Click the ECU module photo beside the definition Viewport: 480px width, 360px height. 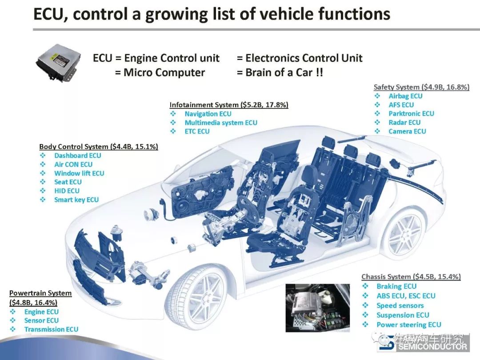click(x=59, y=62)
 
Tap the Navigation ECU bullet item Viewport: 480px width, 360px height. click(x=208, y=114)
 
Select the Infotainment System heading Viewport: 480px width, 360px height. click(x=229, y=105)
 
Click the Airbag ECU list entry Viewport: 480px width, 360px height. click(x=405, y=96)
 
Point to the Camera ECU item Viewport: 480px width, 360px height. click(x=407, y=131)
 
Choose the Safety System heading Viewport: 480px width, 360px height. click(x=421, y=87)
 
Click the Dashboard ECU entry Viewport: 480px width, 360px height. click(x=77, y=156)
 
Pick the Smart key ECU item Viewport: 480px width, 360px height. click(x=76, y=200)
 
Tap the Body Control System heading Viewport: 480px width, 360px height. click(x=99, y=147)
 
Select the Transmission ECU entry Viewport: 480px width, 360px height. click(x=51, y=329)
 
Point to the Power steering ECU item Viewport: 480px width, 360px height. click(x=409, y=325)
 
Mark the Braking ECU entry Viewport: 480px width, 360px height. click(x=396, y=287)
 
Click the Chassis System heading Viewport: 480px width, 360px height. click(x=411, y=277)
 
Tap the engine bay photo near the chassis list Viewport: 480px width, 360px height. click(x=317, y=308)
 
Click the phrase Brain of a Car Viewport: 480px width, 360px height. click(x=279, y=73)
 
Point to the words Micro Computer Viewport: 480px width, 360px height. click(x=164, y=73)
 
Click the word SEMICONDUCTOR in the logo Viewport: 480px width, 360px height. click(x=432, y=347)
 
